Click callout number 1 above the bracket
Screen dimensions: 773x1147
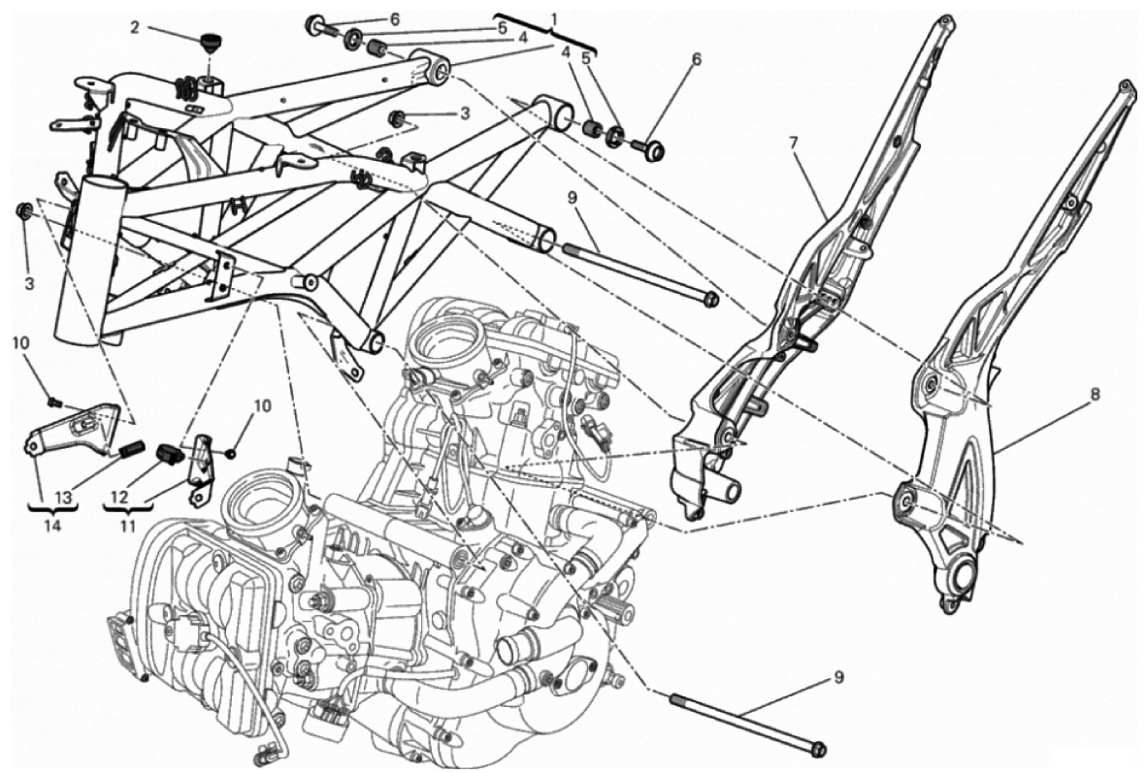pos(554,19)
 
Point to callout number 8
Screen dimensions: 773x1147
pos(1095,395)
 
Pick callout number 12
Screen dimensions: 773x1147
pos(119,497)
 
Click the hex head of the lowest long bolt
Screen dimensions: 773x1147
pos(818,749)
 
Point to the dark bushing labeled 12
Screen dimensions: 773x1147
pos(172,452)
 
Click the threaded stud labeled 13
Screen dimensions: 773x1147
pos(129,450)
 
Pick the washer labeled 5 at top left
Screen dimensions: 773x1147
pos(352,40)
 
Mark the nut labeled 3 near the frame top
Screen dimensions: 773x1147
pos(396,118)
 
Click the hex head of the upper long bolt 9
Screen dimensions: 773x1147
pos(710,297)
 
